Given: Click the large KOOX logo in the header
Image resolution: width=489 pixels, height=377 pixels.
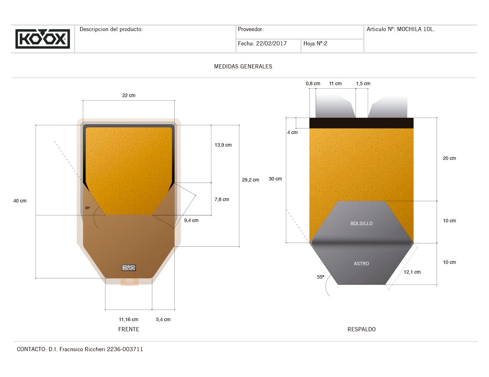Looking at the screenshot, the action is pos(43,39).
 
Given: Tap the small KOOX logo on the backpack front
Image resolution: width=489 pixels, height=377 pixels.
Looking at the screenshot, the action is pos(129,267).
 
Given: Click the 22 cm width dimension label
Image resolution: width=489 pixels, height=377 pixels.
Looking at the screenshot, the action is pos(129,95).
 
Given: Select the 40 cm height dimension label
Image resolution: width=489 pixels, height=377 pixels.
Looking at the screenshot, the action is pos(20,201).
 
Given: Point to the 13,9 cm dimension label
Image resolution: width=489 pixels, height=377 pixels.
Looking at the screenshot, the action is pos(223,145).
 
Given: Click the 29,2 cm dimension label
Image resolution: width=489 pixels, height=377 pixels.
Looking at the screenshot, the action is pos(250,180).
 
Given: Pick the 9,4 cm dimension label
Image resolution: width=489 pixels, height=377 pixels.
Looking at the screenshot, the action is pos(191,220).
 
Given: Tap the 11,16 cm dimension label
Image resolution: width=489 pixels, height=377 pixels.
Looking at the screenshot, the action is pos(129,319).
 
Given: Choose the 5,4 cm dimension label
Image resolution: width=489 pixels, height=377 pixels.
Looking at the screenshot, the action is pos(163,319).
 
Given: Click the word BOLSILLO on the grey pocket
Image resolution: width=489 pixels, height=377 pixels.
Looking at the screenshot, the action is pos(362,223).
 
